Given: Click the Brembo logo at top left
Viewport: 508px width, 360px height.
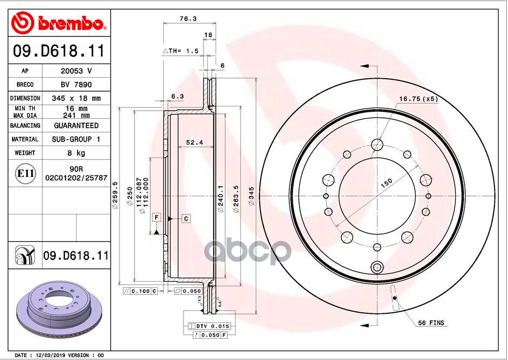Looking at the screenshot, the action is [59, 23].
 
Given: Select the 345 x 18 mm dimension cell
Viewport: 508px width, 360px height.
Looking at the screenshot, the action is [76, 98].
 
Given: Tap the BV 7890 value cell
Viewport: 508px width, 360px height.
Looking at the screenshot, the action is [76, 85].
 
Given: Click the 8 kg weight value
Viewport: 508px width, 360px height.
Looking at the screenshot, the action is [76, 153].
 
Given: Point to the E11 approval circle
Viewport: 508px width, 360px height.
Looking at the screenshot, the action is [25, 173].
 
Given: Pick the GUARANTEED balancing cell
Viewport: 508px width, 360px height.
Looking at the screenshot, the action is [76, 125].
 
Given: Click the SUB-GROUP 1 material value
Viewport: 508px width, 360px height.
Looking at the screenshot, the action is [76, 140].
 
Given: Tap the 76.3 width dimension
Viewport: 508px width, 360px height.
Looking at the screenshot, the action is [188, 19].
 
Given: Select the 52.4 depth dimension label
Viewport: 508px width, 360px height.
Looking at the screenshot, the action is [194, 142].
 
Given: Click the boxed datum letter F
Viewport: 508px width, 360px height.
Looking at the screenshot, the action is [157, 217].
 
